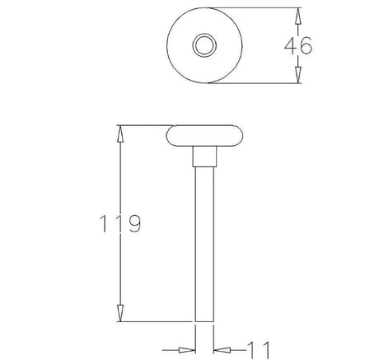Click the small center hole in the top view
203,44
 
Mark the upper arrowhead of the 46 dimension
297,13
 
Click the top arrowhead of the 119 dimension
120,132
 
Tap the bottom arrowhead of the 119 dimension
120,314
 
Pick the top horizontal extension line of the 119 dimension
144,125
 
